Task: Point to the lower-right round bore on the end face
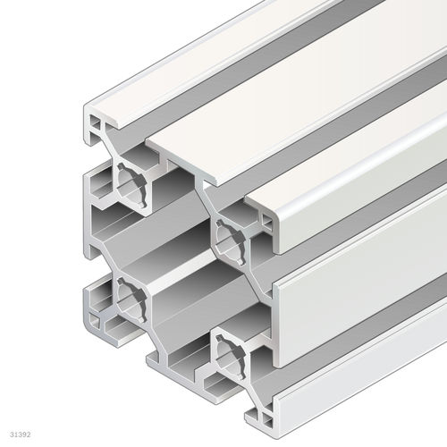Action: [232, 344]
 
